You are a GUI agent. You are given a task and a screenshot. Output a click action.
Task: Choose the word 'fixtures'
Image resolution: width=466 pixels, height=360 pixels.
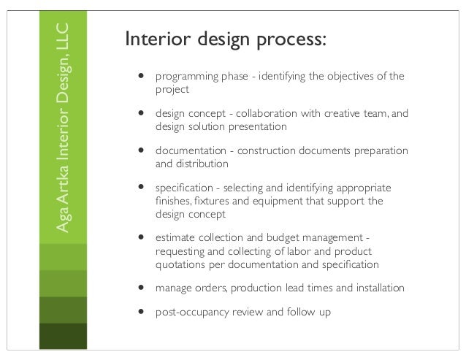click(x=210, y=201)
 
